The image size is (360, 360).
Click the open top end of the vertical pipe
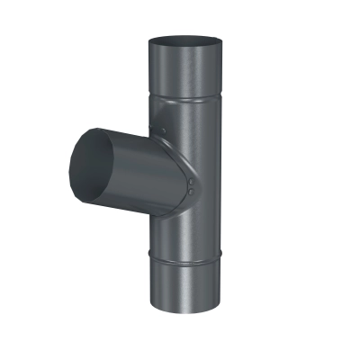tap(184, 42)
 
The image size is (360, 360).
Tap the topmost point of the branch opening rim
tap(90, 127)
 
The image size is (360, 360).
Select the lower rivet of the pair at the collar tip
tap(192, 190)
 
